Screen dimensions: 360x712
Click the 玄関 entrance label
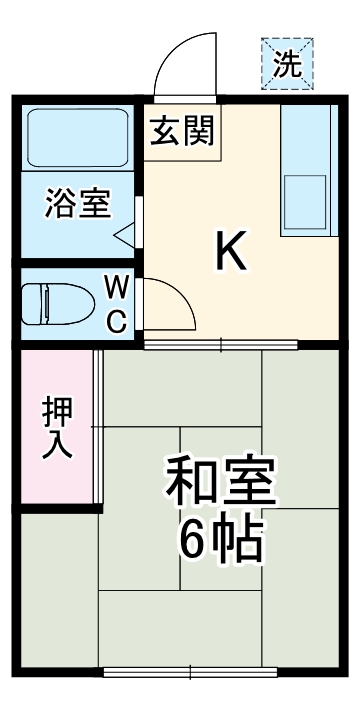pos(183,133)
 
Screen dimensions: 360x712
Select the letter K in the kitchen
pos(231,252)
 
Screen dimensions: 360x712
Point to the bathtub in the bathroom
pos(76,139)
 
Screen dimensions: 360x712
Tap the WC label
pos(117,304)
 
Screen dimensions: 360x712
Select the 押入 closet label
pos(56,428)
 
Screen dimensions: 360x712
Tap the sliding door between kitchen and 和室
pos(221,345)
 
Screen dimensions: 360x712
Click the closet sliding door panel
pos(97,428)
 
